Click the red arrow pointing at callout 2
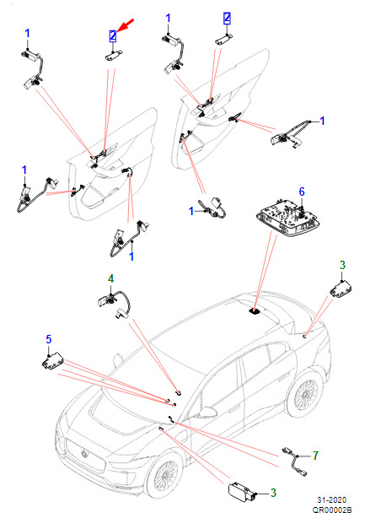pyautogui.click(x=125, y=26)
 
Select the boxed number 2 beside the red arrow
pyautogui.click(x=113, y=36)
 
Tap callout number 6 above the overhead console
pyautogui.click(x=302, y=192)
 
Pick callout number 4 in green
pyautogui.click(x=111, y=278)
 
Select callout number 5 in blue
pyautogui.click(x=49, y=339)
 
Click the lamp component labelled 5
pyautogui.click(x=52, y=361)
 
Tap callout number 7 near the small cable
pyautogui.click(x=315, y=456)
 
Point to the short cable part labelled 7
pyautogui.click(x=294, y=461)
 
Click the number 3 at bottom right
pyautogui.click(x=273, y=493)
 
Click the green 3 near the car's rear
pyautogui.click(x=342, y=265)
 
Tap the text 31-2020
pyautogui.click(x=332, y=499)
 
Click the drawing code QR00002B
pyautogui.click(x=332, y=510)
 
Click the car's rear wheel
pyautogui.click(x=305, y=396)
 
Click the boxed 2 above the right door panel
pyautogui.click(x=227, y=18)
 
